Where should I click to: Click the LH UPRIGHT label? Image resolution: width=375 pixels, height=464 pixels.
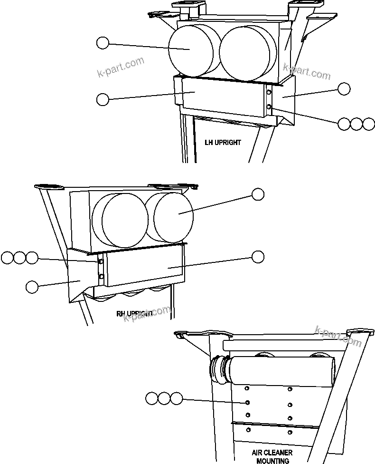(x=223, y=142)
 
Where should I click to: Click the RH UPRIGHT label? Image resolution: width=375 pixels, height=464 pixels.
(x=134, y=314)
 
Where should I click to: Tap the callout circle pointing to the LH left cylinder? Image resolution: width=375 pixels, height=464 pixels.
(x=103, y=43)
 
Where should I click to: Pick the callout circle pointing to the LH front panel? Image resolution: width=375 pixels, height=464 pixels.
(x=103, y=99)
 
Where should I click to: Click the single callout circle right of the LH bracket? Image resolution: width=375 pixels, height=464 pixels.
(x=344, y=89)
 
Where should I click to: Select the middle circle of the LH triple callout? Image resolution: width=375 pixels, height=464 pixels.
(x=356, y=124)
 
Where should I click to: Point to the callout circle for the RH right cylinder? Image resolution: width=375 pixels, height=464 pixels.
(x=258, y=194)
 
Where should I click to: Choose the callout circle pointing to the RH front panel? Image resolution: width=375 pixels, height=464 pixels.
(x=258, y=257)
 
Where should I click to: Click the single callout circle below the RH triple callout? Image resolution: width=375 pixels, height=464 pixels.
(x=32, y=286)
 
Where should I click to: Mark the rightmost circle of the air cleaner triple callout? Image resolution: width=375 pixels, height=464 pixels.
(x=176, y=398)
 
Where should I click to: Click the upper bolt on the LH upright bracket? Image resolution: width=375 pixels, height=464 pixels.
(x=269, y=92)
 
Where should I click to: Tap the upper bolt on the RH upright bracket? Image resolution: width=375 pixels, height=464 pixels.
(x=100, y=261)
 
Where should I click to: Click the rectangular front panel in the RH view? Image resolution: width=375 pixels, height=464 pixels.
(x=145, y=267)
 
